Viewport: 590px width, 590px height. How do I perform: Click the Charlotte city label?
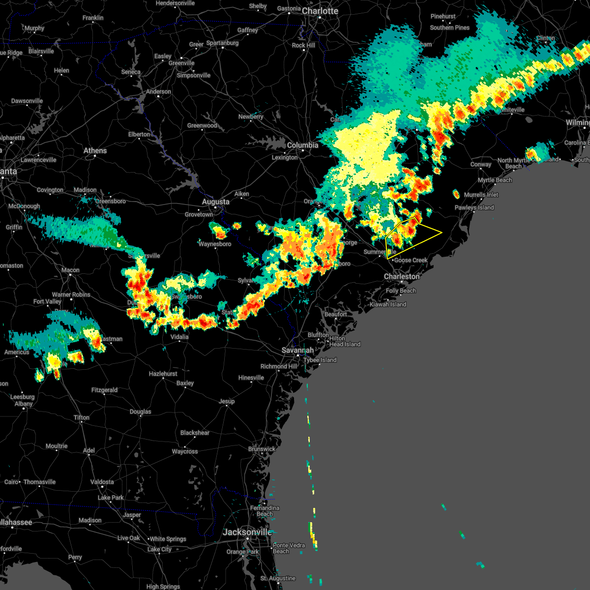click(x=320, y=11)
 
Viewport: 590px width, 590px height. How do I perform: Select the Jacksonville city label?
click(x=247, y=532)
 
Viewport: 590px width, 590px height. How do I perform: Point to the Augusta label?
click(x=215, y=202)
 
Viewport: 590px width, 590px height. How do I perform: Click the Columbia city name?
click(x=302, y=145)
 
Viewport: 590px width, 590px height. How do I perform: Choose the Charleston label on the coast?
click(x=402, y=276)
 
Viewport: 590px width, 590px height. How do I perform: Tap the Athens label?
click(x=95, y=150)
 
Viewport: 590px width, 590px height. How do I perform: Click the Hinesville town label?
click(x=251, y=378)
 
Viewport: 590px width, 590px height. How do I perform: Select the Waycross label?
click(x=185, y=451)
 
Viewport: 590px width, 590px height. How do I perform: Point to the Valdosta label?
click(x=102, y=482)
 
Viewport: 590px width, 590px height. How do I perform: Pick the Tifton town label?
click(x=82, y=417)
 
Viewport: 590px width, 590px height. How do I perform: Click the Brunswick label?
click(x=262, y=449)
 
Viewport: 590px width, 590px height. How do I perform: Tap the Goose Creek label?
click(x=411, y=260)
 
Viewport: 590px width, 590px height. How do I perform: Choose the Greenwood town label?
click(x=202, y=125)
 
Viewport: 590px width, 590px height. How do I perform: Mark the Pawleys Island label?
click(x=474, y=207)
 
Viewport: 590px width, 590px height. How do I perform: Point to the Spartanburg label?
click(x=222, y=43)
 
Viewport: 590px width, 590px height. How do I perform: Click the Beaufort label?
click(x=335, y=314)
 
